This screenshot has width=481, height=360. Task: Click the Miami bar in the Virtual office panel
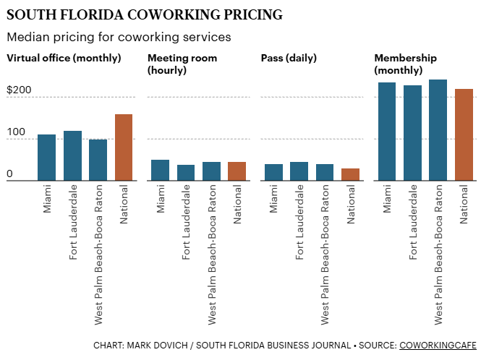tap(46, 158)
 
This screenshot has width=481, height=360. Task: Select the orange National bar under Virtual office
tap(124, 147)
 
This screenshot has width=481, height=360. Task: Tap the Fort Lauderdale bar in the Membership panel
tap(412, 133)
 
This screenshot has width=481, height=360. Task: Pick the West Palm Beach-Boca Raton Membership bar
tap(438, 130)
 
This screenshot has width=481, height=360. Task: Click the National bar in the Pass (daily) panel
tap(350, 174)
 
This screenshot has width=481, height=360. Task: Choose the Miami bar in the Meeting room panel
tap(160, 170)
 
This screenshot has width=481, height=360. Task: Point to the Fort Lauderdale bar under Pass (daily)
tap(299, 171)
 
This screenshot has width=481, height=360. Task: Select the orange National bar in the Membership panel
tap(464, 135)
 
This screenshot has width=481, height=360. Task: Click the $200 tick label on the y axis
tap(19, 90)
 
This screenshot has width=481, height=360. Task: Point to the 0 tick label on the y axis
tap(10, 174)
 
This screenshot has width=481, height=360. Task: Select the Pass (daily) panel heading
tap(289, 58)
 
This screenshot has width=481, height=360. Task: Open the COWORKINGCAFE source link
tap(433, 346)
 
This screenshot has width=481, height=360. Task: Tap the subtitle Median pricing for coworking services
tap(119, 36)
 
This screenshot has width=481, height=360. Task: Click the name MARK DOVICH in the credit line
tap(156, 346)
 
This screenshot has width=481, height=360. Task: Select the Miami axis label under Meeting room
tap(161, 198)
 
